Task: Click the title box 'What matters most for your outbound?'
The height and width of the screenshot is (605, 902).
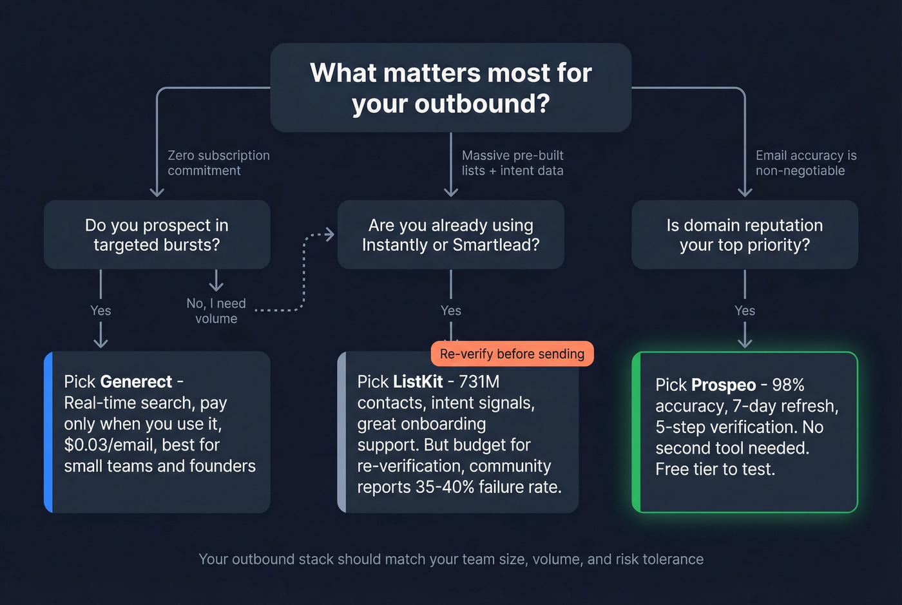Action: click(x=450, y=88)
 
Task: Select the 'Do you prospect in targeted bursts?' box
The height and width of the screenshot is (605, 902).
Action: click(x=157, y=235)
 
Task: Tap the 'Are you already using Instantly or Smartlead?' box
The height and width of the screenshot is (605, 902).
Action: click(x=450, y=235)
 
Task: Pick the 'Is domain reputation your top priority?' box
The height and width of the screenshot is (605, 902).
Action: click(x=744, y=235)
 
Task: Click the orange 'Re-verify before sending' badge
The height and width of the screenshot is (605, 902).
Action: click(x=512, y=354)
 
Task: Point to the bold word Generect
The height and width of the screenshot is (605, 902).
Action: click(x=136, y=382)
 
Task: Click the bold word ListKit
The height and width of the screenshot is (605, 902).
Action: click(x=417, y=382)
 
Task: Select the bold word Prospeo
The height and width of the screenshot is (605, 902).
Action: click(x=723, y=385)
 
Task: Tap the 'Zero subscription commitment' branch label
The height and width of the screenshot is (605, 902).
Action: click(x=218, y=163)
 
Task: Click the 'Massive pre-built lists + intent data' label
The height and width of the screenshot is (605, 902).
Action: click(x=512, y=163)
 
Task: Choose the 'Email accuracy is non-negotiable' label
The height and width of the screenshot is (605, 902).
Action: click(x=805, y=163)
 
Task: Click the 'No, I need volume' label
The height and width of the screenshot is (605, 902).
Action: click(x=216, y=311)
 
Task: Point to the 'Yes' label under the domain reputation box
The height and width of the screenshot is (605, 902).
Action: click(x=745, y=311)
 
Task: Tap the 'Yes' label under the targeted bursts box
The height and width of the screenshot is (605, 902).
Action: click(x=101, y=311)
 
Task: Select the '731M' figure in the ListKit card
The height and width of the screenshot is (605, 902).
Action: click(x=479, y=382)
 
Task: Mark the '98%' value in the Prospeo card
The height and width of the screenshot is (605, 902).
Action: click(x=788, y=385)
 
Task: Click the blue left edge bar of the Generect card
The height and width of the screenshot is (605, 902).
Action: click(x=48, y=432)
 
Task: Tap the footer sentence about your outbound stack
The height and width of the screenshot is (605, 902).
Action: click(x=450, y=559)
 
